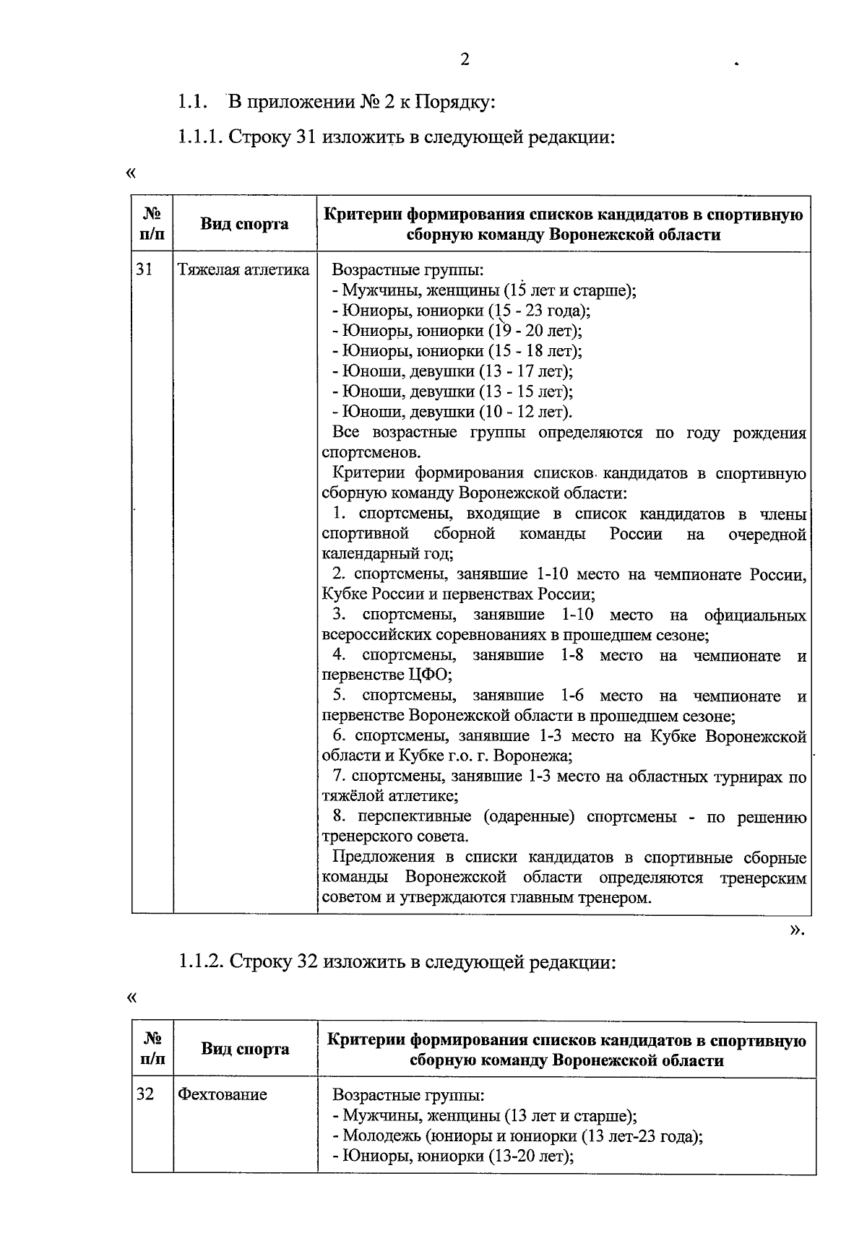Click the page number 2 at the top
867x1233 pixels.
coord(465,60)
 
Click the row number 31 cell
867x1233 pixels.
coord(144,270)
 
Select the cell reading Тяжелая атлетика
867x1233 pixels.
coord(243,270)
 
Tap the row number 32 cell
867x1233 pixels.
coord(145,1094)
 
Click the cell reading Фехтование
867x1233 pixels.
coord(223,1094)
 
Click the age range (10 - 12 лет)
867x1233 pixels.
coord(524,412)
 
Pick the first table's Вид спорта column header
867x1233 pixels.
coord(244,224)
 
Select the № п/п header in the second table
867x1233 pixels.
coord(152,1049)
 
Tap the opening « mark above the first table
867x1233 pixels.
coord(131,173)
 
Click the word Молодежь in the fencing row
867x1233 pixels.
coord(381,1135)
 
